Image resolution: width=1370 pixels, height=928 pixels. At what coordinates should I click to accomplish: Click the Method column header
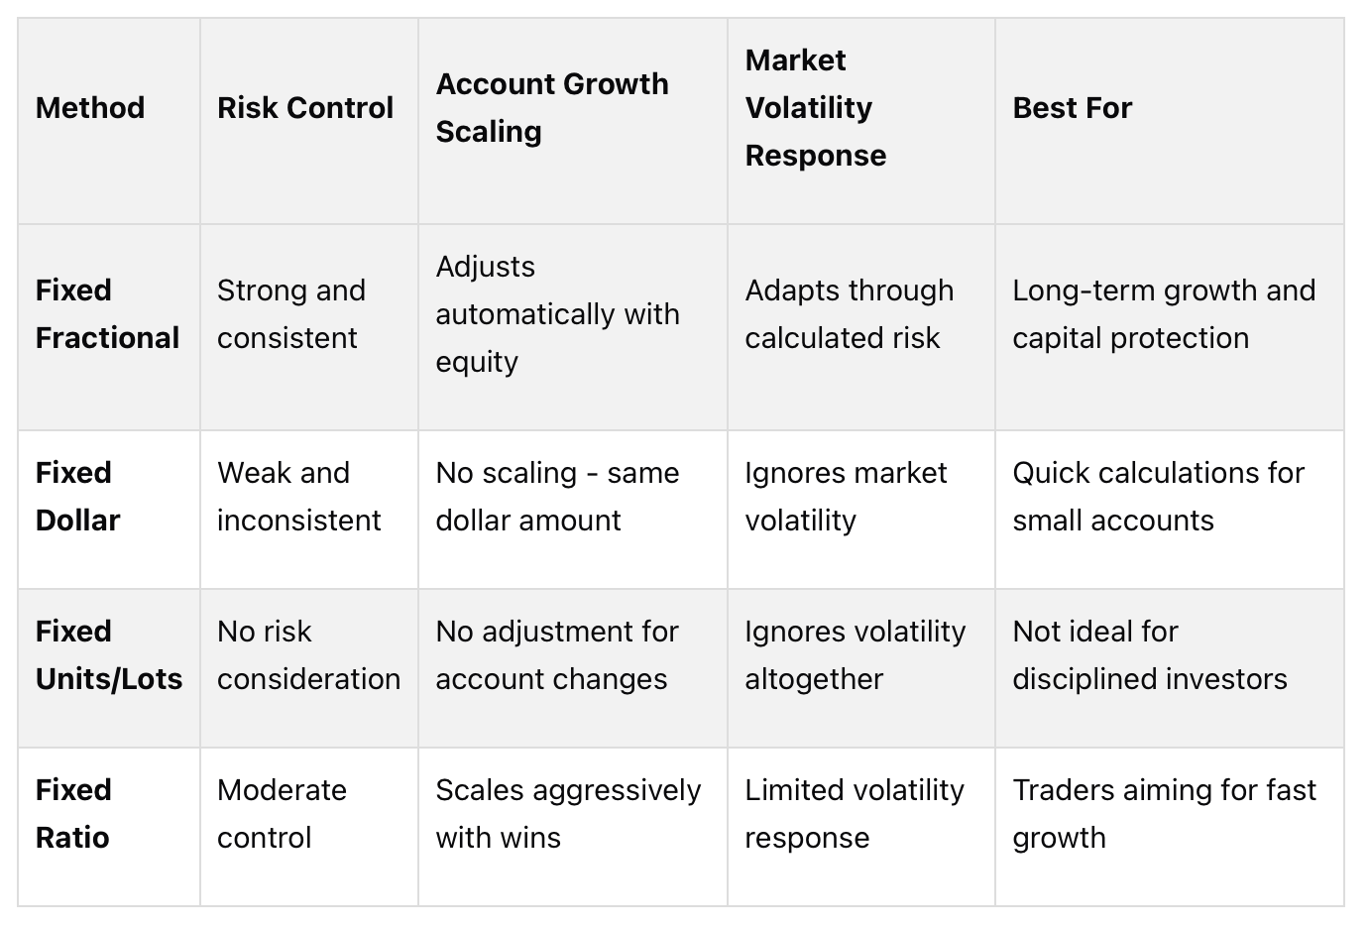coord(90,107)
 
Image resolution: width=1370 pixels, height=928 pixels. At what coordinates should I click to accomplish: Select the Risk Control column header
coord(305,107)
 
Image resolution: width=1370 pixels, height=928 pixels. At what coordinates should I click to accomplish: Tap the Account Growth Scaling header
coord(552,107)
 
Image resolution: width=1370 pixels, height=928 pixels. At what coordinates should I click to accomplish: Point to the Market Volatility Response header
coord(815,107)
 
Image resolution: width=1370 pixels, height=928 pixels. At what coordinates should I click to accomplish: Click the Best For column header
coord(1072,107)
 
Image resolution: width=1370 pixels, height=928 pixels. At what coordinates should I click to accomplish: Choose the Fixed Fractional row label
coord(107,313)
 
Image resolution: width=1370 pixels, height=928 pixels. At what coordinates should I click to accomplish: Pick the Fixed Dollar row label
coord(77,496)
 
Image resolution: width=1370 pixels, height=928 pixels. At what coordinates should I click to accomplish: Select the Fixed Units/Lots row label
coord(109,654)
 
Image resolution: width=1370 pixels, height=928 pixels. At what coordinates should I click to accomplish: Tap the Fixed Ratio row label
coord(73,813)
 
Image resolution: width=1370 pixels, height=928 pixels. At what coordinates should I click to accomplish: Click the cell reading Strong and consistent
coord(290,313)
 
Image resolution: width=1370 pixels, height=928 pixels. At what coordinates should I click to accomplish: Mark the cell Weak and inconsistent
coord(298,496)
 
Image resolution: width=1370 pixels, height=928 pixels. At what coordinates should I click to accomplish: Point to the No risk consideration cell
coord(308,654)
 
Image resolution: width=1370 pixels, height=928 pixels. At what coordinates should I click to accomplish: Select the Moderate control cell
coord(282,813)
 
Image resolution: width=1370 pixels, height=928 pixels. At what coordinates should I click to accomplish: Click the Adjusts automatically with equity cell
coord(557,313)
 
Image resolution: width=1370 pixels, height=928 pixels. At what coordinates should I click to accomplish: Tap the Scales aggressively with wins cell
coord(568,813)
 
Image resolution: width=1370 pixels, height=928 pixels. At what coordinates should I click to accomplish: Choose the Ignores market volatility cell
coord(846,496)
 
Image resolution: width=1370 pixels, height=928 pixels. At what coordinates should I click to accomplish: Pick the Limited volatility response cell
coord(854,813)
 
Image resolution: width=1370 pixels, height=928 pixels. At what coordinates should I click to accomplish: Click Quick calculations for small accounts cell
coord(1158,496)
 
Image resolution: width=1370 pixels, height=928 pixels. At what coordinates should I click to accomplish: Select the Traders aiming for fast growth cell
coord(1164,813)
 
